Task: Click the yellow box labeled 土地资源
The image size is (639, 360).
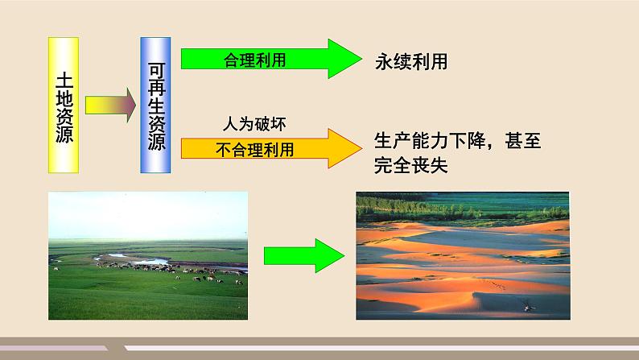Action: point(64,106)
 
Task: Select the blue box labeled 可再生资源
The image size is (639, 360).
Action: point(155,106)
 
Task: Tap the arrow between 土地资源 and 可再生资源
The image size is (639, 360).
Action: point(110,106)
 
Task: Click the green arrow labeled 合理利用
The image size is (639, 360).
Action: point(271,59)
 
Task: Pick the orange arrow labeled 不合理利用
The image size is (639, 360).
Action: point(271,148)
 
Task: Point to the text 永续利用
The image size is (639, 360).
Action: point(411,62)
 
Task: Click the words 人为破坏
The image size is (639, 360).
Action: point(254,124)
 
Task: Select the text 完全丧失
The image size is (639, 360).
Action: point(410,165)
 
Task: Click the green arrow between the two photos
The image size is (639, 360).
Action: point(304,255)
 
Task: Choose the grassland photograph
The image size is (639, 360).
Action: point(148,255)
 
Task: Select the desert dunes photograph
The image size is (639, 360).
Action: point(463,255)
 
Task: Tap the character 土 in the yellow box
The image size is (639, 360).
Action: point(64,81)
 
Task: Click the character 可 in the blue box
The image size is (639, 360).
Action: point(156,70)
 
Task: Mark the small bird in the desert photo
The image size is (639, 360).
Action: point(529,306)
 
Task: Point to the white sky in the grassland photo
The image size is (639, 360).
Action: point(148,215)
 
